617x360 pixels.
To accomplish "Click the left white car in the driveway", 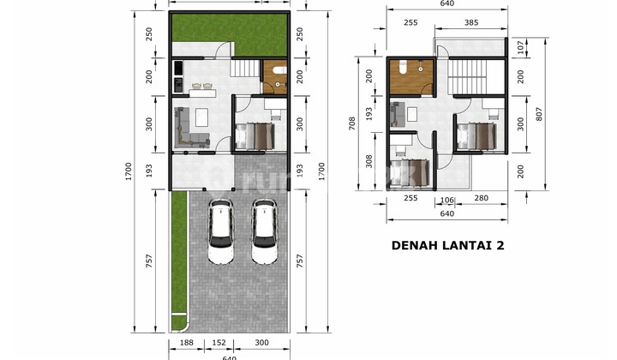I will [221, 231].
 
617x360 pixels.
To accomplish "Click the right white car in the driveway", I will [264, 231].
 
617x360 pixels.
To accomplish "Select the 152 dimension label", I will [219, 345].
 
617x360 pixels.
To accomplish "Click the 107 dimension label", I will [519, 46].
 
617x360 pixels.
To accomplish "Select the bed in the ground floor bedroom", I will [255, 134].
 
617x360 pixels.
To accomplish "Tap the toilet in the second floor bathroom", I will [402, 66].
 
